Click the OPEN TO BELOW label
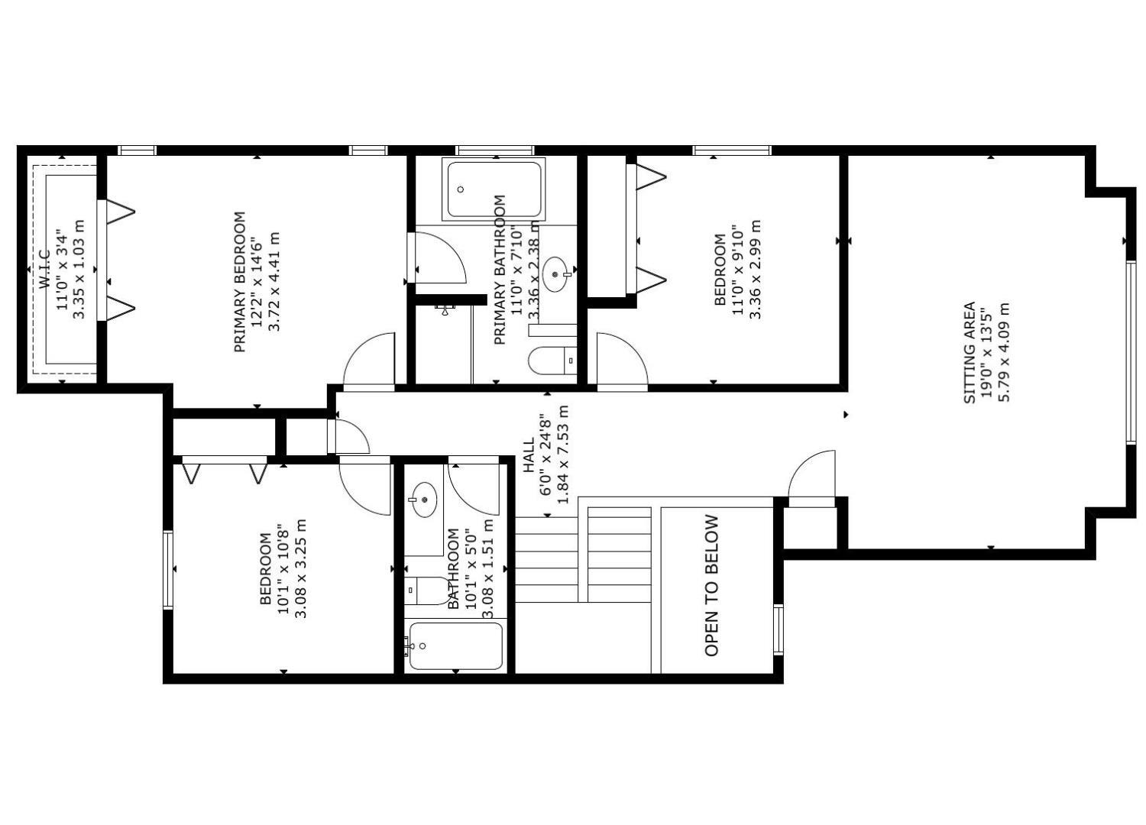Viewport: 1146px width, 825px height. [x=711, y=585]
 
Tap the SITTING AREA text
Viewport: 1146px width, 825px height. [x=969, y=353]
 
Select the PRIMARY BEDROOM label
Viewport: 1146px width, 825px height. [x=240, y=282]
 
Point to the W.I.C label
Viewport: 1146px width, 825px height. [x=44, y=269]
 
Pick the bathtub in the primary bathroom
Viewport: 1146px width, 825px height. [x=494, y=189]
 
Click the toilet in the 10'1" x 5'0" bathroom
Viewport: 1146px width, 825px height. [x=428, y=590]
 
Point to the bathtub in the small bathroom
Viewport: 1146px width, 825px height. [x=456, y=646]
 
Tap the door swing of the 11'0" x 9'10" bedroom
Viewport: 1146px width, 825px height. [x=620, y=361]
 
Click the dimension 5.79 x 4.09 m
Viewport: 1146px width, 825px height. [x=1003, y=353]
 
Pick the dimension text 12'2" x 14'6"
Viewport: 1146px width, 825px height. [x=257, y=282]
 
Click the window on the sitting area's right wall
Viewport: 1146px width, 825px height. [x=1131, y=352]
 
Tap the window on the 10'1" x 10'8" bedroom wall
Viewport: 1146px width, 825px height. [x=168, y=569]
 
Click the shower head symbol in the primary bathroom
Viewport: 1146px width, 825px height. [x=445, y=309]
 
